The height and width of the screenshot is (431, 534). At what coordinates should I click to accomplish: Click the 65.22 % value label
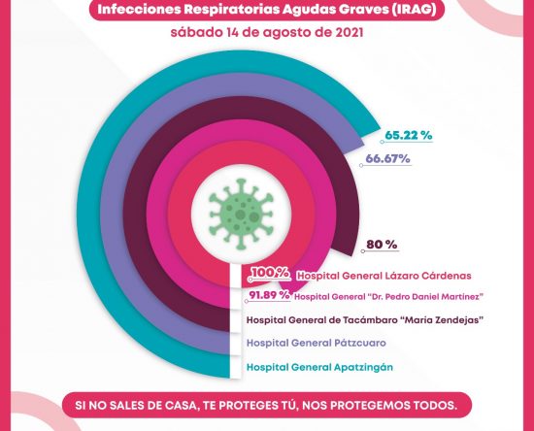pyautogui.click(x=409, y=135)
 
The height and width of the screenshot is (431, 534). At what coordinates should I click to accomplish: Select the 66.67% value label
pyautogui.click(x=387, y=158)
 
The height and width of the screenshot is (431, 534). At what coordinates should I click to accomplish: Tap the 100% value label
pyautogui.click(x=271, y=273)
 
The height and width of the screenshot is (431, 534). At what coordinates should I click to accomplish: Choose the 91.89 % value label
pyautogui.click(x=269, y=295)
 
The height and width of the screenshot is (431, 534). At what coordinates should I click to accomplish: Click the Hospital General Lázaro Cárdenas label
pyautogui.click(x=384, y=276)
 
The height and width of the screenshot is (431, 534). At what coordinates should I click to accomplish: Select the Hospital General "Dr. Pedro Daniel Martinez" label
pyautogui.click(x=389, y=296)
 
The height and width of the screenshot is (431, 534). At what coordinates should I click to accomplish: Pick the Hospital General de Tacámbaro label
pyautogui.click(x=365, y=320)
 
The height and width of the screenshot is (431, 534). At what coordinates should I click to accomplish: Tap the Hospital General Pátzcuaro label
pyautogui.click(x=317, y=343)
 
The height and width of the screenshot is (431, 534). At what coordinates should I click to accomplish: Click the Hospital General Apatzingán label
pyautogui.click(x=319, y=367)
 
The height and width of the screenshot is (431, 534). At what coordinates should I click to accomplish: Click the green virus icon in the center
pyautogui.click(x=241, y=215)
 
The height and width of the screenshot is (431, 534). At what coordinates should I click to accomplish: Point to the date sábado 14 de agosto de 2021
pyautogui.click(x=267, y=33)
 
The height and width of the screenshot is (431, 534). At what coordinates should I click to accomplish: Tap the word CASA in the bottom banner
pyautogui.click(x=178, y=405)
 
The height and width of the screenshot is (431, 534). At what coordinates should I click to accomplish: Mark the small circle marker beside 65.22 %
pyautogui.click(x=383, y=142)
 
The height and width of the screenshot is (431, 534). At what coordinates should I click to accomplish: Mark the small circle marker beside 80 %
pyautogui.click(x=363, y=251)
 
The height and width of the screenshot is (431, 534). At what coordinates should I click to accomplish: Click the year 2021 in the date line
pyautogui.click(x=350, y=33)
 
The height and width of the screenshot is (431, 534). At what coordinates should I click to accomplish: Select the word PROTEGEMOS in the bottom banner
pyautogui.click(x=370, y=405)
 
